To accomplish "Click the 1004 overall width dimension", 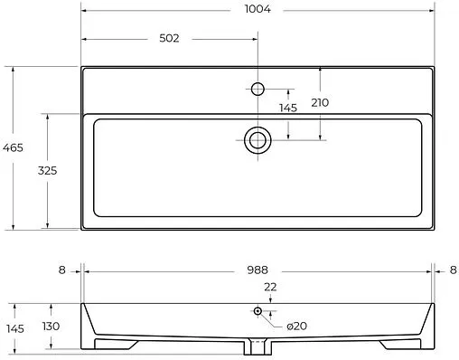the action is click(258, 9).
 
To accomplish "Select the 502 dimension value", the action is click(169, 38).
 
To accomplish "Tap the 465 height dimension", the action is click(13, 147).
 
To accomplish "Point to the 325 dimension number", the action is click(47, 171).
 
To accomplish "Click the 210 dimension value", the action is click(320, 103).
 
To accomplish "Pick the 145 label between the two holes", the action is click(288, 108).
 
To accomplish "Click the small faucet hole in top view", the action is click(258, 90).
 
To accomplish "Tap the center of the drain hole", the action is click(258, 140).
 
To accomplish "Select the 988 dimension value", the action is click(258, 270).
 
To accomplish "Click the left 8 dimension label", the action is click(61, 270).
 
